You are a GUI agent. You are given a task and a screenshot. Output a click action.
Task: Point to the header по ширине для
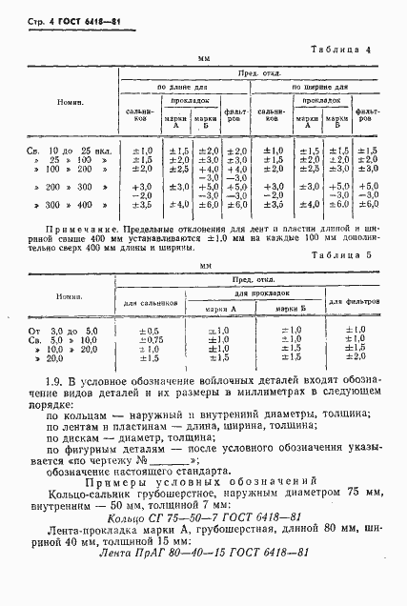pyautogui.click(x=319, y=87)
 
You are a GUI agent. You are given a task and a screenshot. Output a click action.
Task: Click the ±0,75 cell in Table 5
pyautogui.click(x=149, y=339)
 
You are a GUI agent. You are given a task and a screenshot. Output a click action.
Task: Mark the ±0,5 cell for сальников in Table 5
pyautogui.click(x=149, y=330)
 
